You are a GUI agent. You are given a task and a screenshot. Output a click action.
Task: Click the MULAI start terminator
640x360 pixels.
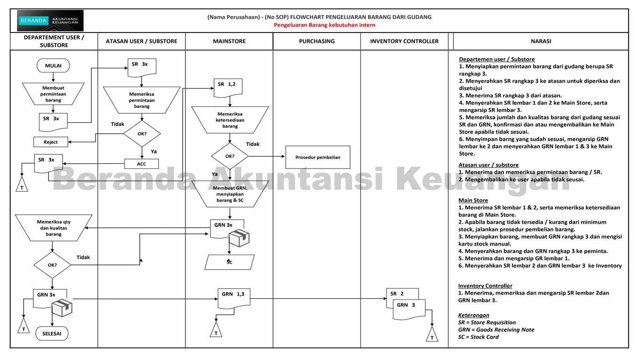[53, 66]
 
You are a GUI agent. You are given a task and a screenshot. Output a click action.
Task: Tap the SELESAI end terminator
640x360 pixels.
[52, 334]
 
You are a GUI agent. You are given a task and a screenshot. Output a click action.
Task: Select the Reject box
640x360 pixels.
[51, 142]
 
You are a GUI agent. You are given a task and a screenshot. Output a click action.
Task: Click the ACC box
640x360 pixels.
[142, 164]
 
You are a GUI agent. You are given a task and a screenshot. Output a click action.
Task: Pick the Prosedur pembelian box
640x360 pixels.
[318, 157]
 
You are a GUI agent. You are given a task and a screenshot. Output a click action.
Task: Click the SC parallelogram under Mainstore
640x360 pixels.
[229, 262]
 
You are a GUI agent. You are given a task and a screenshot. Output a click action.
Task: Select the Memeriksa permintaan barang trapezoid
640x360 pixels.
[142, 100]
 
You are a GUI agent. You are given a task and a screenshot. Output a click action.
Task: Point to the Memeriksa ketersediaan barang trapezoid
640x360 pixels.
[230, 120]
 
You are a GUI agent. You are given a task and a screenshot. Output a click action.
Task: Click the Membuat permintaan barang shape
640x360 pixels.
[53, 94]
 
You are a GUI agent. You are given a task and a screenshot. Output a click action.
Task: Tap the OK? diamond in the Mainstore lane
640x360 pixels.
[230, 156]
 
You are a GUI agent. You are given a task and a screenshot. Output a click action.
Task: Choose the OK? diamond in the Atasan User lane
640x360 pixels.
[142, 133]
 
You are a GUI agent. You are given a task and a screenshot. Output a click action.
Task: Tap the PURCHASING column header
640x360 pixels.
[317, 41]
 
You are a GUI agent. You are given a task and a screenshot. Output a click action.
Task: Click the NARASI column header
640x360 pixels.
[541, 41]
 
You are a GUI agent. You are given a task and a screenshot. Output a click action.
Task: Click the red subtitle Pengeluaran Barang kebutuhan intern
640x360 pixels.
[325, 25]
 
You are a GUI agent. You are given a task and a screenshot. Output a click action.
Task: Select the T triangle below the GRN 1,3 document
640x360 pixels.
[216, 330]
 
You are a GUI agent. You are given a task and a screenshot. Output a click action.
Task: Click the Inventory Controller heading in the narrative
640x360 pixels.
[485, 286]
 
